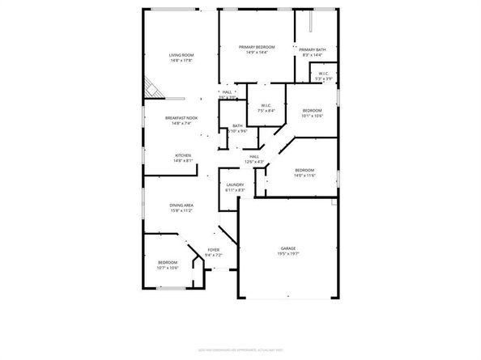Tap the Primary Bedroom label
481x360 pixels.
click(x=257, y=48)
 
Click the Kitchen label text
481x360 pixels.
click(x=182, y=155)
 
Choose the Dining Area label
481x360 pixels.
click(x=181, y=205)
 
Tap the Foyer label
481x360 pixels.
click(x=213, y=250)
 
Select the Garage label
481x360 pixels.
click(x=287, y=249)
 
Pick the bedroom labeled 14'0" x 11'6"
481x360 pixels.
click(x=304, y=170)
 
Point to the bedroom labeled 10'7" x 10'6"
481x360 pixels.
click(x=168, y=264)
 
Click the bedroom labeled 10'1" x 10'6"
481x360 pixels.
click(x=313, y=110)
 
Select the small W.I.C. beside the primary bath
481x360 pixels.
click(x=323, y=74)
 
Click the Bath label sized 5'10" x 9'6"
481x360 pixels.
click(x=237, y=126)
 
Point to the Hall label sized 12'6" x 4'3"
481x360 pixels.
click(x=254, y=156)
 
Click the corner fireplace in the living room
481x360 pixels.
click(x=151, y=86)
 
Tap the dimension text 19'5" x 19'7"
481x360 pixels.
click(x=287, y=255)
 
